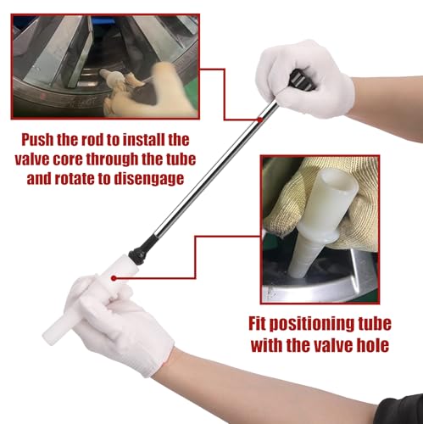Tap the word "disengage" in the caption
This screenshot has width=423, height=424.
point(149,179)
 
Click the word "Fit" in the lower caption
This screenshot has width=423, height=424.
point(257,323)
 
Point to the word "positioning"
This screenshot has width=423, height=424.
point(309,324)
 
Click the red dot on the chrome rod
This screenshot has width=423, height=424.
point(259,120)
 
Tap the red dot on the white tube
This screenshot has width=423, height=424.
point(114,278)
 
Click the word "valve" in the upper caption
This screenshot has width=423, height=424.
point(31,159)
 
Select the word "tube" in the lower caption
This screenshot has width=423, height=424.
point(373,323)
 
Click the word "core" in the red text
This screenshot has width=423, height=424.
point(67,160)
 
